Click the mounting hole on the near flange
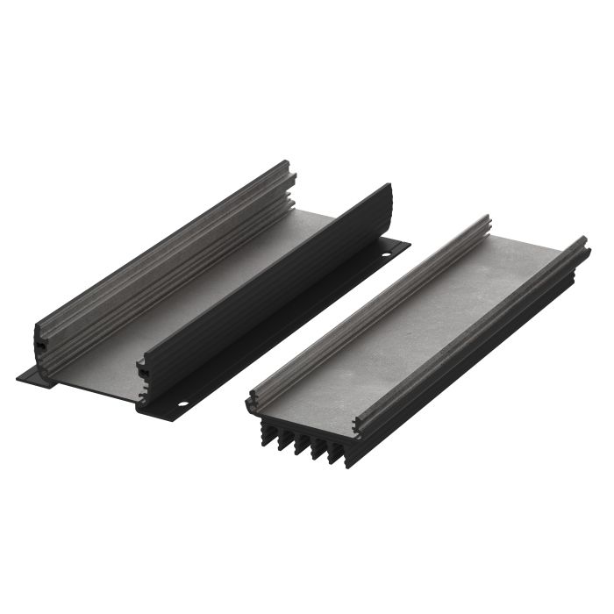click(183, 405)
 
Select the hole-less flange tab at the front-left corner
click(32, 377)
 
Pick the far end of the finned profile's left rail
click(485, 221)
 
